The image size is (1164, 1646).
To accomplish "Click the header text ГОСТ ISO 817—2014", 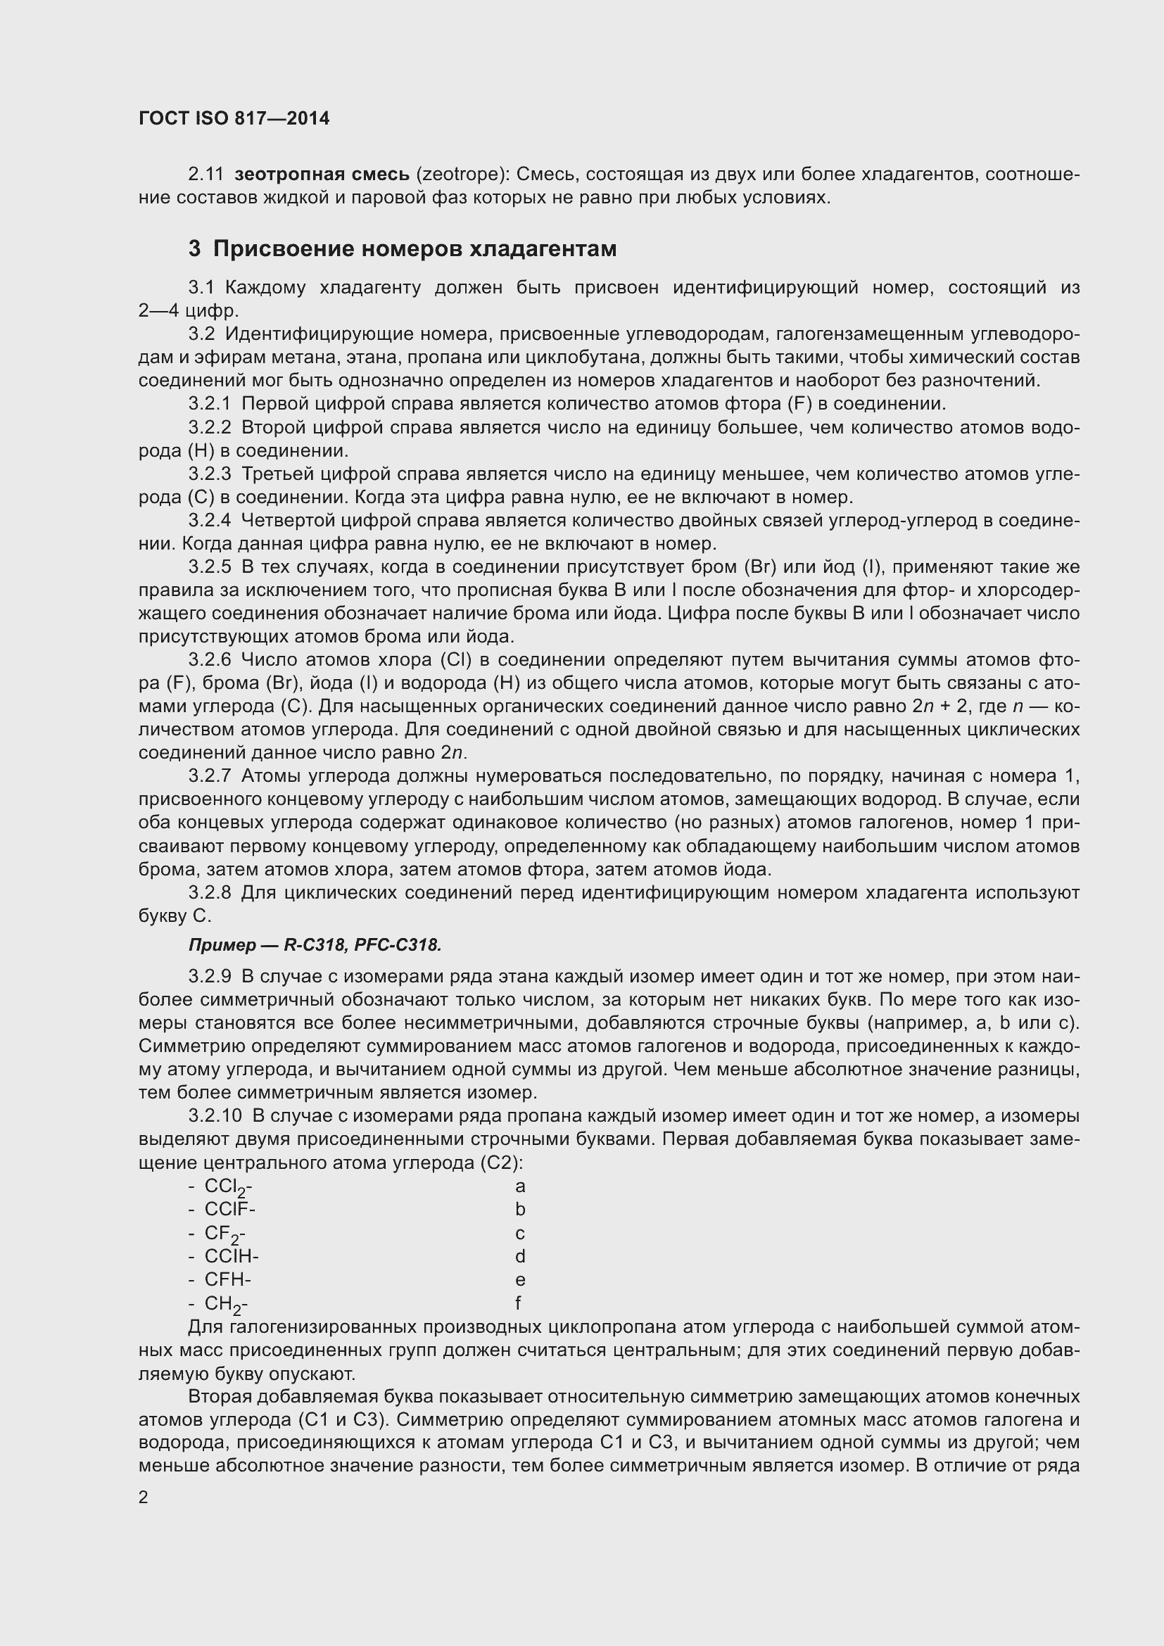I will point(234,118).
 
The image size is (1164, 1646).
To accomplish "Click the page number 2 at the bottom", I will point(144,1498).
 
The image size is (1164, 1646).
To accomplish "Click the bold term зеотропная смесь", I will point(322,175).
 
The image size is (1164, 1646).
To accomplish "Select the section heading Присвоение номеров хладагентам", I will point(415,248).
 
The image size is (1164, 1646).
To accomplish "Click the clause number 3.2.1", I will point(209,405).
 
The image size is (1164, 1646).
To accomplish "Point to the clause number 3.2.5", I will point(209,567).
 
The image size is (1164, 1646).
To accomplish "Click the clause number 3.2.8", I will point(209,893).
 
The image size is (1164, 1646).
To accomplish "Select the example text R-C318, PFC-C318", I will point(362,946).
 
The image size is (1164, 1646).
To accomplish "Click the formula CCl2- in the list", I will point(227,1187).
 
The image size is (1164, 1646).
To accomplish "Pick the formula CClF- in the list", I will point(229,1210).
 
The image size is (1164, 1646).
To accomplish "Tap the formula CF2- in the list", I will point(224,1234).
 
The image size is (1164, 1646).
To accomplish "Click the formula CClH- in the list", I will point(231,1257).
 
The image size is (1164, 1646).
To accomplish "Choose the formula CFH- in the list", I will point(227,1279).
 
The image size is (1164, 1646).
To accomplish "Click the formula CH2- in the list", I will point(226,1304).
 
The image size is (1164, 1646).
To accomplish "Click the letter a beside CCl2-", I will point(519,1186).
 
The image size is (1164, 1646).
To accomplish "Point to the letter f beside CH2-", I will point(517,1303).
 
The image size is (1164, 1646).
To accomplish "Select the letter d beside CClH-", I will point(519,1257).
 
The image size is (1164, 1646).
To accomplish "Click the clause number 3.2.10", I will point(215,1117).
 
